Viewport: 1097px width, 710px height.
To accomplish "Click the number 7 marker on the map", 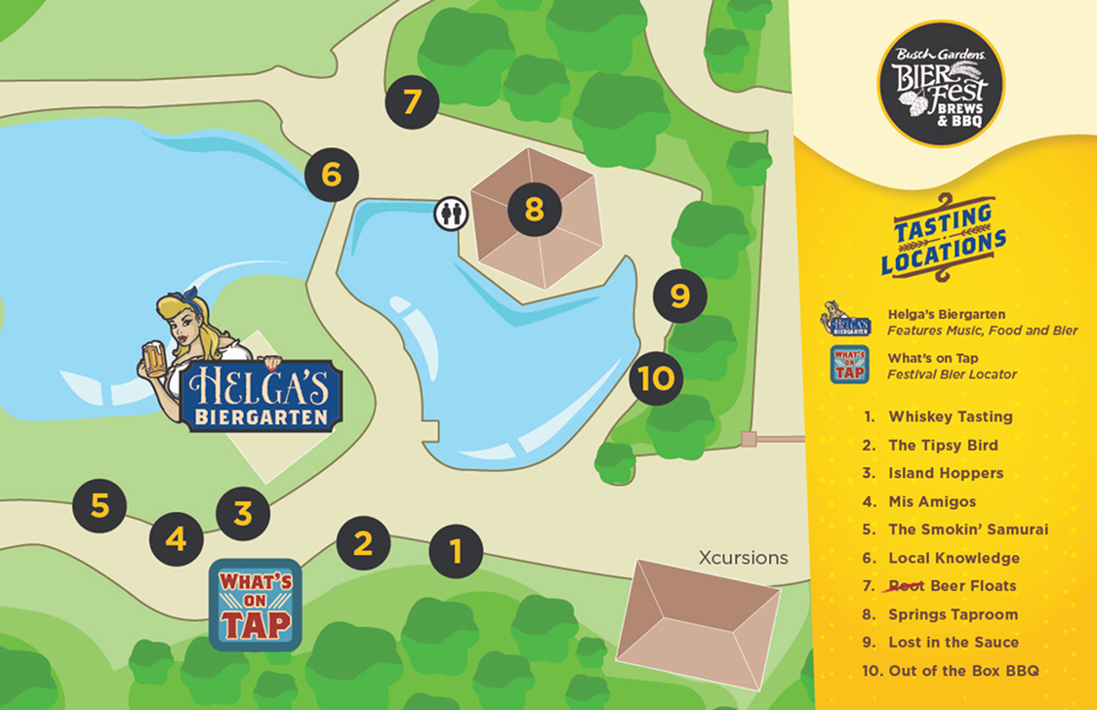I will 412,102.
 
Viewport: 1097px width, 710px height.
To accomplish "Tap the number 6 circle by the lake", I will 332,176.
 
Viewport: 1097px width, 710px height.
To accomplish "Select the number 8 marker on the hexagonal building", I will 534,210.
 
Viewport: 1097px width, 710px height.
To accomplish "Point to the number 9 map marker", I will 680,295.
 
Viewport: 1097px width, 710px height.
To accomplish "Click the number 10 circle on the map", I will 657,377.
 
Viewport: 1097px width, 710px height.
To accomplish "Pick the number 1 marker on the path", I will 456,551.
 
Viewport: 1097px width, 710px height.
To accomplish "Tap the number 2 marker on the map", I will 363,543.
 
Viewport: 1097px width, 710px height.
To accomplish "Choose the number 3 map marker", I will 243,512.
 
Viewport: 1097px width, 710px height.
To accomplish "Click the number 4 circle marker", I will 177,538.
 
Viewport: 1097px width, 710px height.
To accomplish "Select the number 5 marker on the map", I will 100,505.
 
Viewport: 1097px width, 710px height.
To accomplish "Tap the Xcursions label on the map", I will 743,558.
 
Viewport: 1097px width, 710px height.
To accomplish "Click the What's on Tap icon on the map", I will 256,605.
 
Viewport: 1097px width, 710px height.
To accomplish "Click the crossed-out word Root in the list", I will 903,586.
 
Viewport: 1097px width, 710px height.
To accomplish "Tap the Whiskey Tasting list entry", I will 950,416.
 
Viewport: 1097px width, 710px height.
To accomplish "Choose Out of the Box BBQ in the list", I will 962,670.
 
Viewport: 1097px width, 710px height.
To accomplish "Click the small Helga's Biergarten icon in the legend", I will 847,321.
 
